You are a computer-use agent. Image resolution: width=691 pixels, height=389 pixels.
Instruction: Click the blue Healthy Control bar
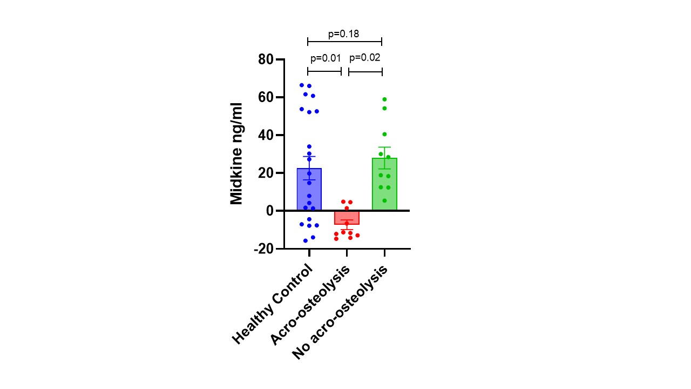(x=309, y=189)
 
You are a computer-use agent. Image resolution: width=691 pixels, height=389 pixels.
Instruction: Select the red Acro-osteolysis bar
(x=347, y=217)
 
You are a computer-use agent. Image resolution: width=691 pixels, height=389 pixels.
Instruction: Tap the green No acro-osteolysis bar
(x=384, y=184)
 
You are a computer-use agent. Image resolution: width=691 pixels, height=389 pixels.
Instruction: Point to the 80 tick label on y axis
(x=266, y=59)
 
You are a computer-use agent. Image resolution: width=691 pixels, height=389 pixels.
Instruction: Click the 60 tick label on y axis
(x=266, y=97)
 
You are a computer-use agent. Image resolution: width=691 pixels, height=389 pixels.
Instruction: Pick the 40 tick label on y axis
(x=266, y=135)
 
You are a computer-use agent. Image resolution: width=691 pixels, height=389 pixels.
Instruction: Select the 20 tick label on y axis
(x=266, y=173)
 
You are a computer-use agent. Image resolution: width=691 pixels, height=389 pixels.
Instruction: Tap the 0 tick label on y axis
(x=270, y=211)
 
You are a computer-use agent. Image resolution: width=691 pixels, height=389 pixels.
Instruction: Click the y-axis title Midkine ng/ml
(x=236, y=153)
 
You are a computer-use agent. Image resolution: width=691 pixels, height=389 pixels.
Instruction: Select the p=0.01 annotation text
(x=326, y=58)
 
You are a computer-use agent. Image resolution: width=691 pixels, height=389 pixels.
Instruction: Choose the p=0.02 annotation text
(x=365, y=58)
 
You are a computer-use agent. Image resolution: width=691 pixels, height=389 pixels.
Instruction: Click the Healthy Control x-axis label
(x=273, y=304)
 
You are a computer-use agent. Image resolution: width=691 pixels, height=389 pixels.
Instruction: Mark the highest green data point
(x=384, y=99)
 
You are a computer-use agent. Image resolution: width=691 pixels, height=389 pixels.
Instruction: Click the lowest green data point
(x=384, y=200)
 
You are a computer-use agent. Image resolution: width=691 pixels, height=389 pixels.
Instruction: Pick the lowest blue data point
(x=306, y=240)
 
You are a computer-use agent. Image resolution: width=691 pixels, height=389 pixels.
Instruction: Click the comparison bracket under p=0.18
(x=344, y=42)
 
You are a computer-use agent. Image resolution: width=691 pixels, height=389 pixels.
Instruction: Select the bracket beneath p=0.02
(x=365, y=71)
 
